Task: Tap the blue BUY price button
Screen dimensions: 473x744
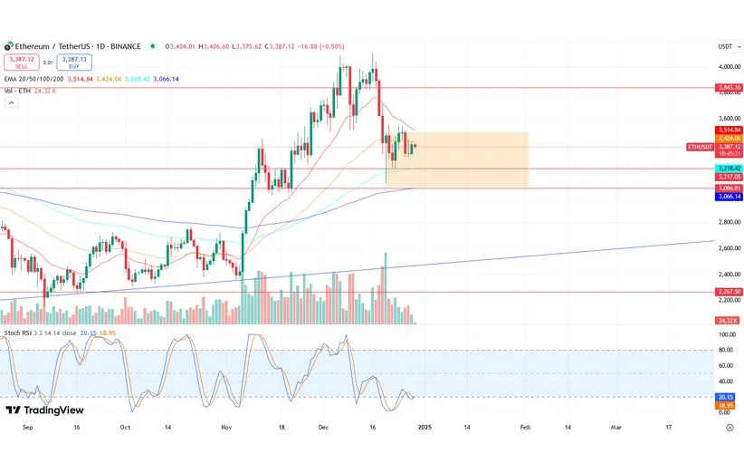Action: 73,63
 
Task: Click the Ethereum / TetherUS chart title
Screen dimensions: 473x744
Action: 77,46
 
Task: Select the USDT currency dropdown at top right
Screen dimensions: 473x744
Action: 725,46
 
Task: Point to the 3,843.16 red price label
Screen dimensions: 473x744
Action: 729,87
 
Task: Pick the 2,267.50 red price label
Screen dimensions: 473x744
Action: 729,292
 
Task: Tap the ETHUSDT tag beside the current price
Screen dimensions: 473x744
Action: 700,147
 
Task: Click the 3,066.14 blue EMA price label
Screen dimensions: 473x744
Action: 729,196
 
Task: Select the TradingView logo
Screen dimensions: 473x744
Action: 44,410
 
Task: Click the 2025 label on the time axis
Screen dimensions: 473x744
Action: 424,426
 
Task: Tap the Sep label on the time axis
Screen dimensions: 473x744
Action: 26,426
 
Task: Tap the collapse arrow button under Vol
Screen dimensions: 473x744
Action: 12,103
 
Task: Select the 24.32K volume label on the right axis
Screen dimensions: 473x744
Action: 729,321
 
